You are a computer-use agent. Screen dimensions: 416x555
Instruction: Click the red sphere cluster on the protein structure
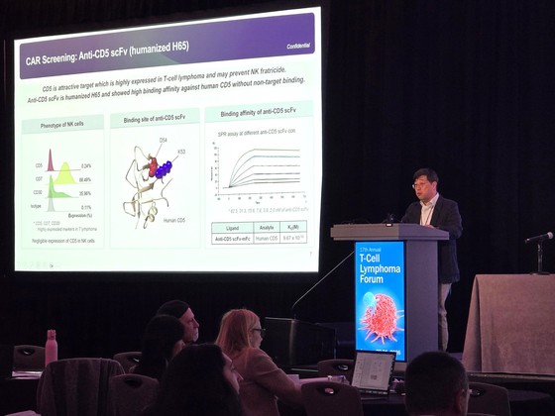(x=153, y=168)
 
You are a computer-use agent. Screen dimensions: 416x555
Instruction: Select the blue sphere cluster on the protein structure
(x=165, y=169)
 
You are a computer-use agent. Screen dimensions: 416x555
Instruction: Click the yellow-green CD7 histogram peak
(x=64, y=175)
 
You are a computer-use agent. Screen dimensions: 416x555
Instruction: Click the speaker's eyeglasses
(x=422, y=184)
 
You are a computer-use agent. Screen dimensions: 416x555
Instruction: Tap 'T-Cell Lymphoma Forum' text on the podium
(x=381, y=266)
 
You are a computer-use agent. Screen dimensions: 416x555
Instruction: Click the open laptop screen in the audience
(x=373, y=371)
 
